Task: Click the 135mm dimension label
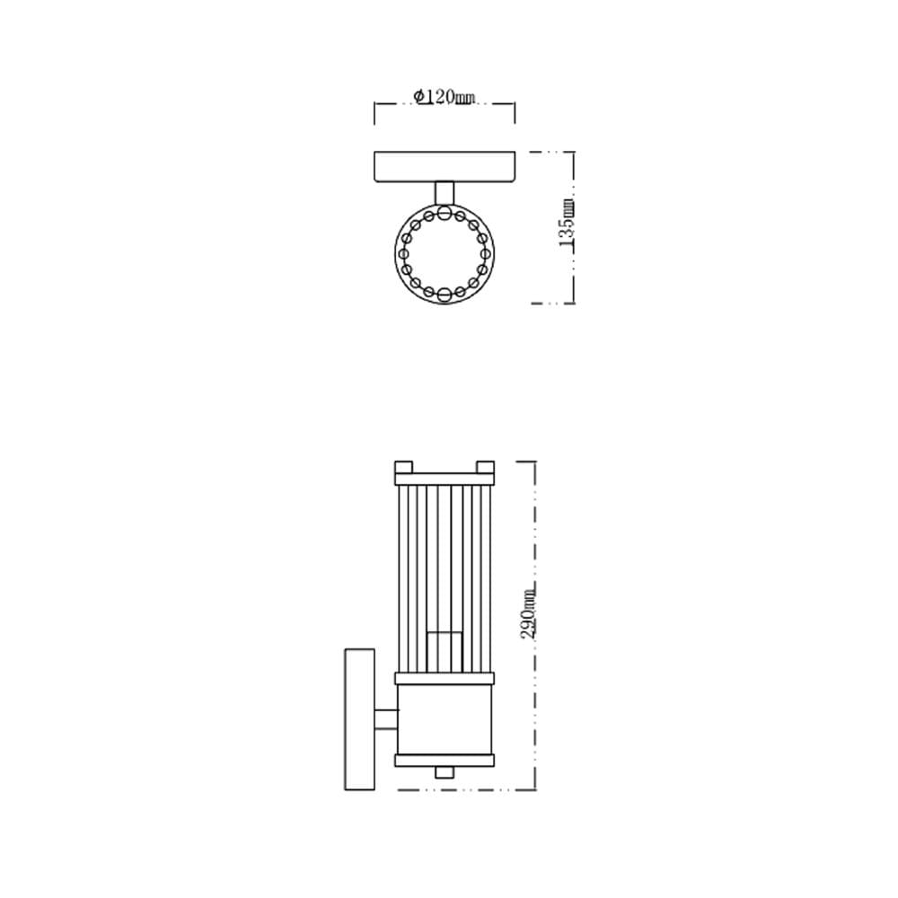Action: click(567, 224)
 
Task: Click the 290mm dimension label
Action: click(529, 612)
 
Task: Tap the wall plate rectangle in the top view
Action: click(445, 167)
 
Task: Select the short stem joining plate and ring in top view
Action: click(445, 193)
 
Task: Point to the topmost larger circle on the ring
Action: click(445, 214)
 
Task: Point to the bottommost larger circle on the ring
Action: click(445, 295)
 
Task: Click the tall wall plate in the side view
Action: click(360, 719)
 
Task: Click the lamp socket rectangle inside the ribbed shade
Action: click(445, 652)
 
